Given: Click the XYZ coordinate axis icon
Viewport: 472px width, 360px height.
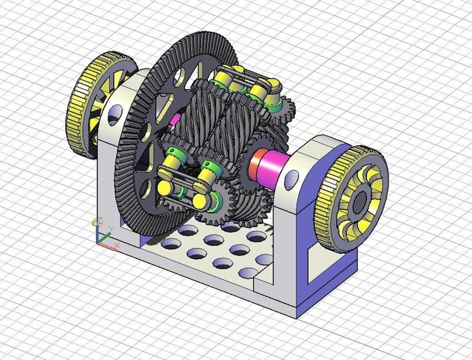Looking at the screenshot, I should pyautogui.click(x=101, y=233).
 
